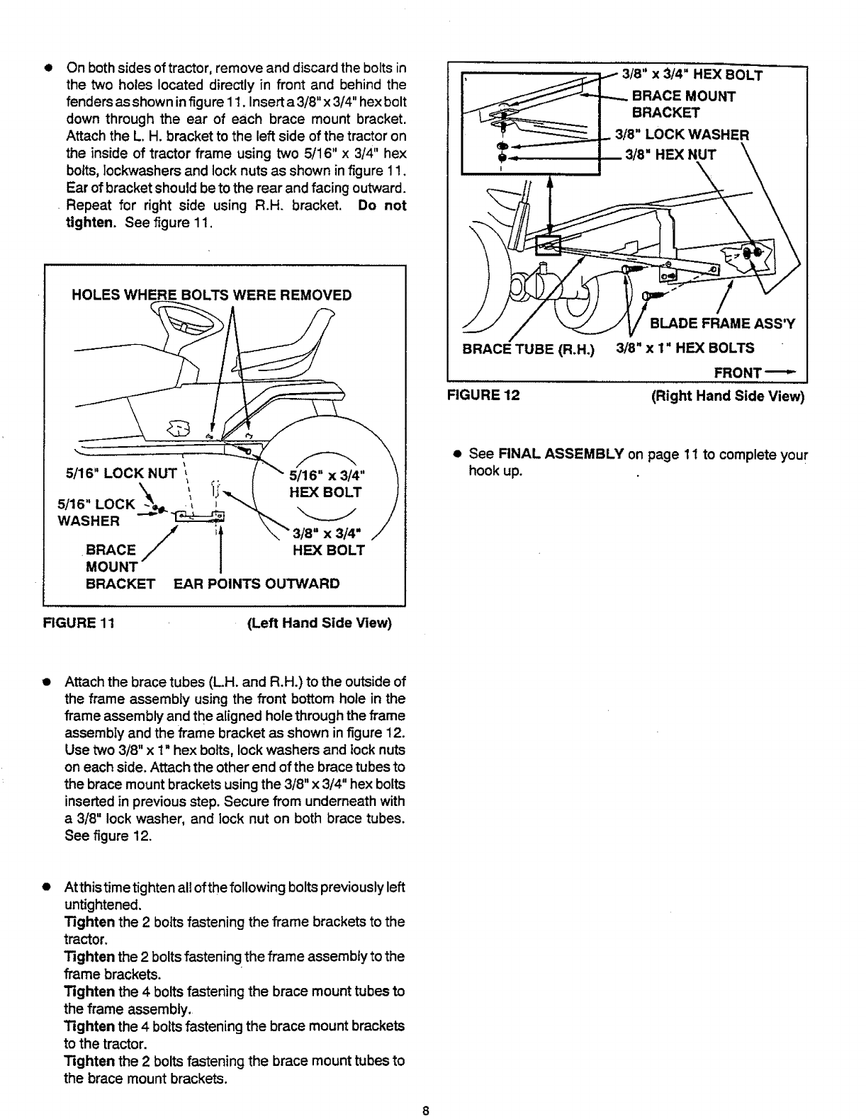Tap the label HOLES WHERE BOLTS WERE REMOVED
tap(212, 295)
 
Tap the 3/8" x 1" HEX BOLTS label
tap(685, 348)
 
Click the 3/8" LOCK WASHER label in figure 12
tap(681, 135)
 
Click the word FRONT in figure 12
tap(737, 373)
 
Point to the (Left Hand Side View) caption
tap(319, 623)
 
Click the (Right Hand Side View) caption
tap(728, 395)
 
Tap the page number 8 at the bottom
tap(425, 1110)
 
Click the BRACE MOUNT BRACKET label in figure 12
tap(683, 104)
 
